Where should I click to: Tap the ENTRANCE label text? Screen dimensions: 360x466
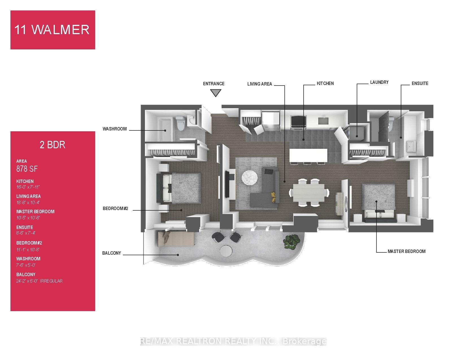point(214,84)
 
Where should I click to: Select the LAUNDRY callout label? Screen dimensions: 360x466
point(379,82)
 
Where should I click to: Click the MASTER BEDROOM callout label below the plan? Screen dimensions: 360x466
point(406,251)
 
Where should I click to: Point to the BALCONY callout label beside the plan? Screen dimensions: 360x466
point(112,253)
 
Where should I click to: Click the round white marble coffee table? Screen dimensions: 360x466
point(250,178)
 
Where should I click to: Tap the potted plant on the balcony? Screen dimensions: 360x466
point(292,240)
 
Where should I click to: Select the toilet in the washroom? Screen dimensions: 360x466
point(180,124)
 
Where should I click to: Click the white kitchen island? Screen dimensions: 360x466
point(308,155)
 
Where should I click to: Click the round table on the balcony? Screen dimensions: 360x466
point(226,251)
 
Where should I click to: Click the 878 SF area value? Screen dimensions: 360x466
point(27,169)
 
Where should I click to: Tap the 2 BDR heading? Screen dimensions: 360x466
point(53,145)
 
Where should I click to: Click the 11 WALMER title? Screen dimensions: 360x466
point(52,30)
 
